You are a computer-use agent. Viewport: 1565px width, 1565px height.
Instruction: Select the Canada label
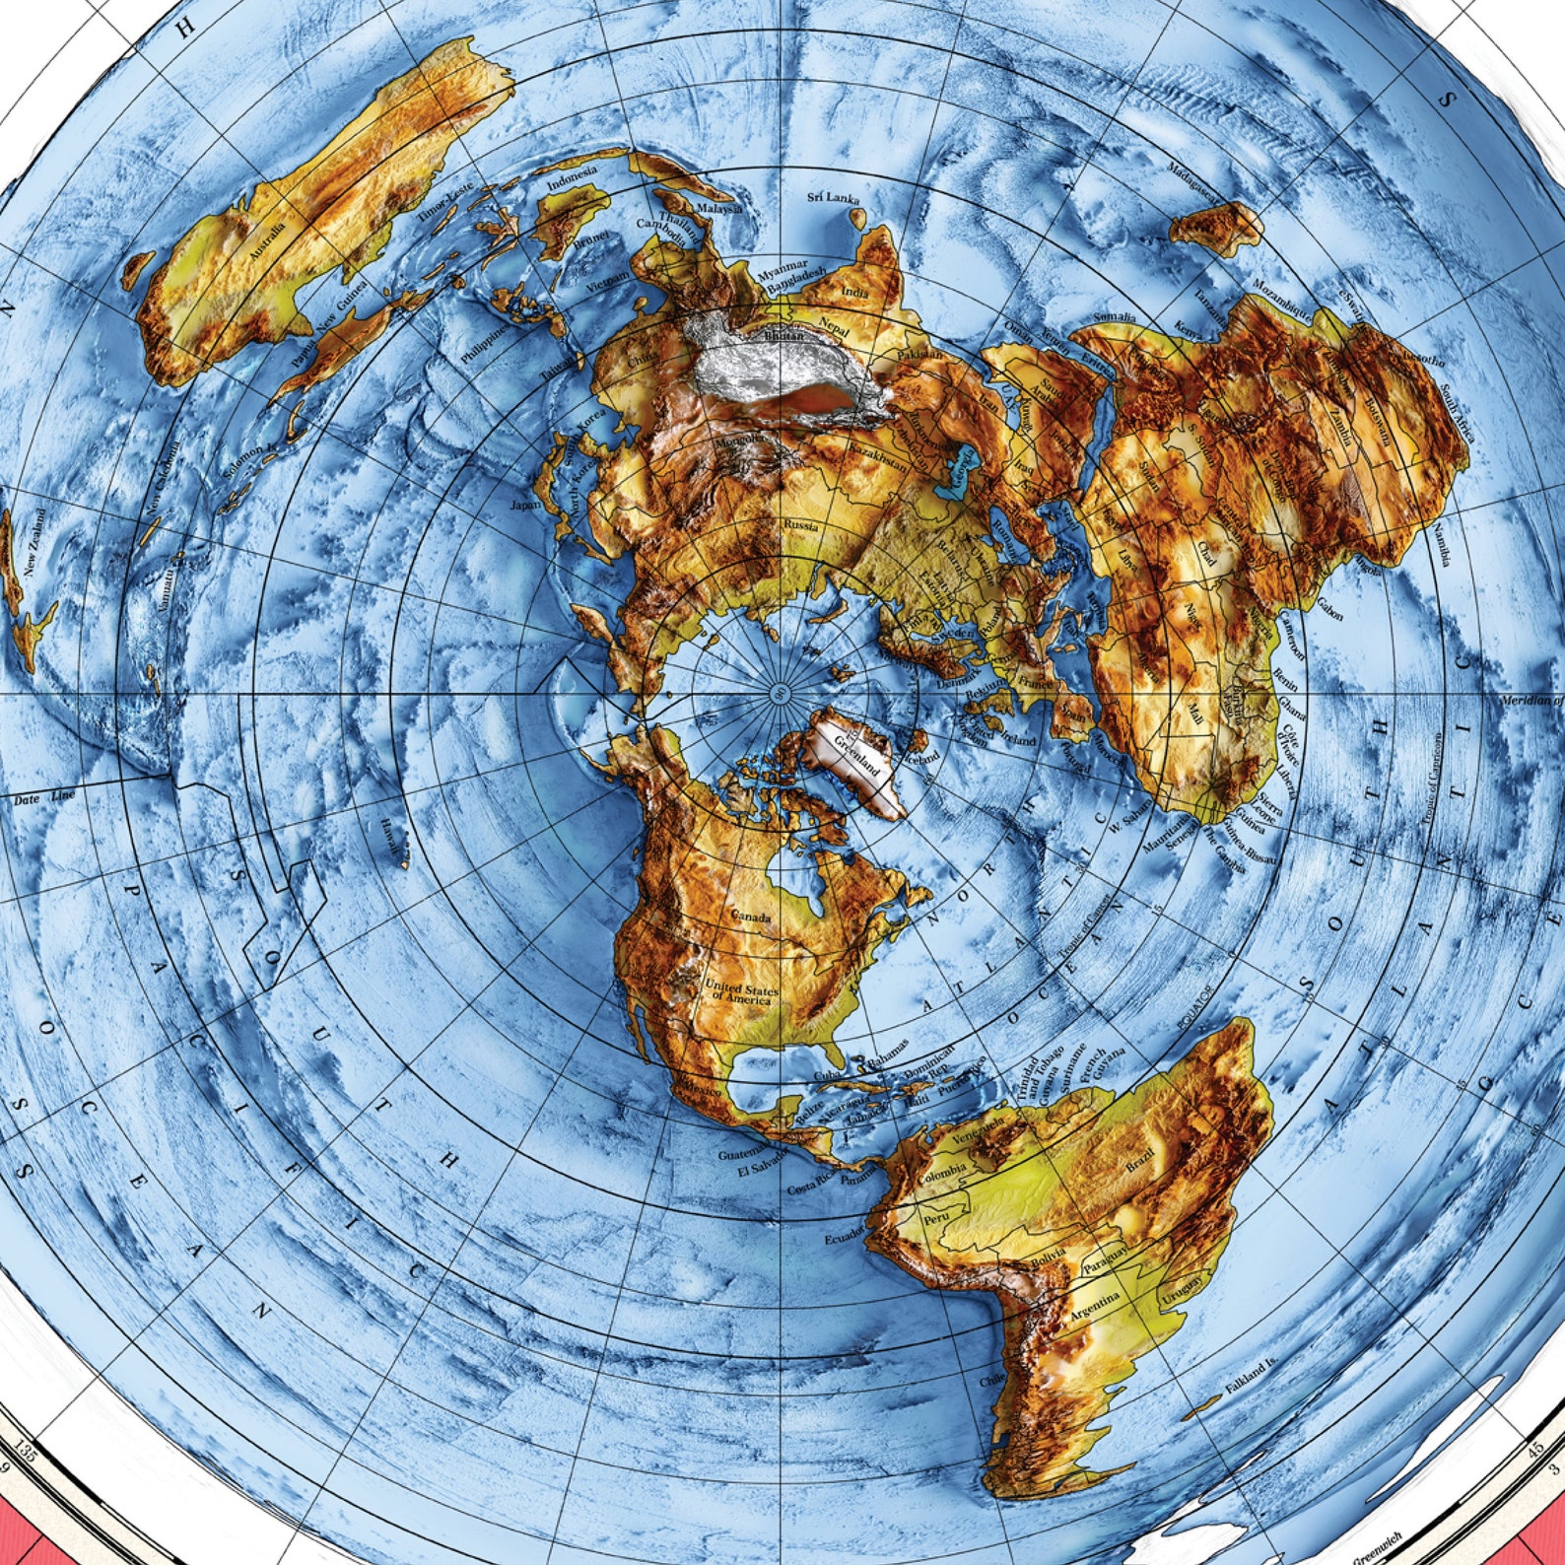(750, 918)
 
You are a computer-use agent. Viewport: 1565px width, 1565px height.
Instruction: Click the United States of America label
(741, 993)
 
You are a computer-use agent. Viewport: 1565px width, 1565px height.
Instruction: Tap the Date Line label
(44, 797)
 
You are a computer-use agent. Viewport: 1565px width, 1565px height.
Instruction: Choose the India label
(854, 292)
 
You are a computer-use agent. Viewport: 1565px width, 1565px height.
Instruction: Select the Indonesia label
(573, 183)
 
